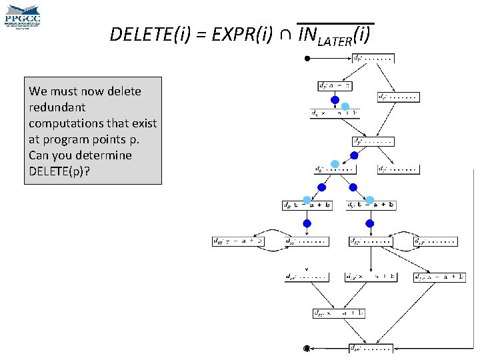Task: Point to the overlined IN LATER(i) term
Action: point(335,35)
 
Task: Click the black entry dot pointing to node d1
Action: point(307,59)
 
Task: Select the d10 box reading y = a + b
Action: point(239,241)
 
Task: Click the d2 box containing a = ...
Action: point(334,86)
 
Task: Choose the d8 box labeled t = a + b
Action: point(307,205)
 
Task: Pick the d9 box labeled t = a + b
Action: point(371,205)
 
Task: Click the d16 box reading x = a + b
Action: point(440,277)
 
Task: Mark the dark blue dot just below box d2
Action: point(335,101)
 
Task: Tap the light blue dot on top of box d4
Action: point(345,107)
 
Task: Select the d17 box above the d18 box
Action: point(339,313)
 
